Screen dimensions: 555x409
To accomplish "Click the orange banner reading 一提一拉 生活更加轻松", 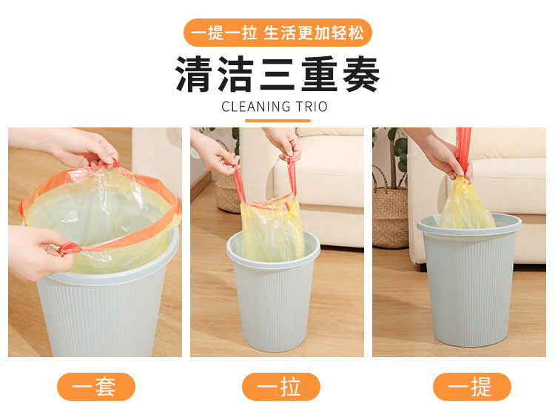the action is point(277,33).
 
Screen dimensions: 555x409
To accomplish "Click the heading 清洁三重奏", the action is point(277,74).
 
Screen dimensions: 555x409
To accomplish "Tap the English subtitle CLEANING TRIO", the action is point(275,107).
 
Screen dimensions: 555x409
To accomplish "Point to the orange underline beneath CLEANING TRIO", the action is point(277,121).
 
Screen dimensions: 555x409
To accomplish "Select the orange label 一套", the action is point(96,387).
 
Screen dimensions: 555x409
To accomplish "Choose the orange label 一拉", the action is point(281,387).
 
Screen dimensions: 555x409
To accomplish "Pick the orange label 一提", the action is point(472,387).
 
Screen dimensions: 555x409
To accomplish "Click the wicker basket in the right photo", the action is point(390,216).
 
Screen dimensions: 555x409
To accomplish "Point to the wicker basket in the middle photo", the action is point(226,193).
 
